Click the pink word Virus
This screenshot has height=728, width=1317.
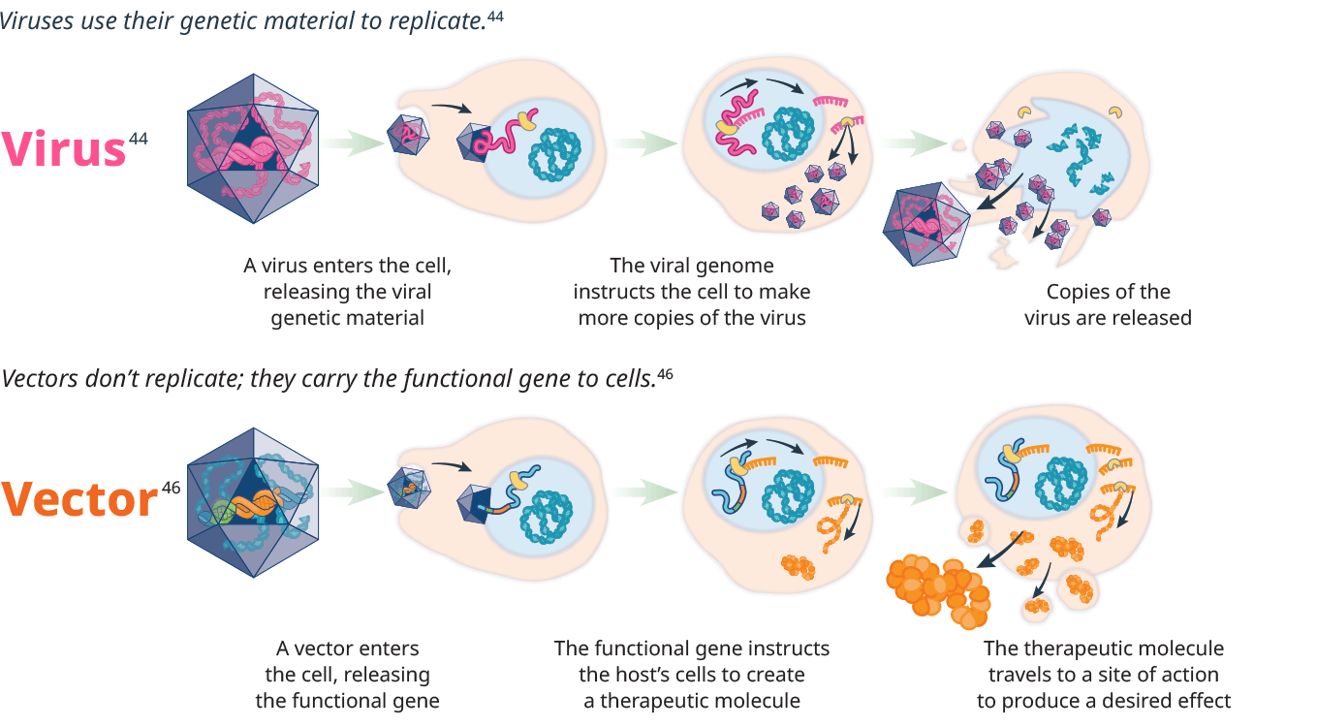[63, 148]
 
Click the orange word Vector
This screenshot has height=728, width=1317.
[79, 499]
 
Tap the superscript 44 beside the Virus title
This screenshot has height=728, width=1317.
[138, 139]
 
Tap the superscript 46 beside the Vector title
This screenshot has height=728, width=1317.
[171, 488]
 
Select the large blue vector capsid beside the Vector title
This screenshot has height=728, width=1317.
[254, 503]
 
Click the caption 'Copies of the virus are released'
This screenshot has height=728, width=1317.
[1108, 304]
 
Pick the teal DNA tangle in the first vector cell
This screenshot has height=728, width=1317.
[549, 514]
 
